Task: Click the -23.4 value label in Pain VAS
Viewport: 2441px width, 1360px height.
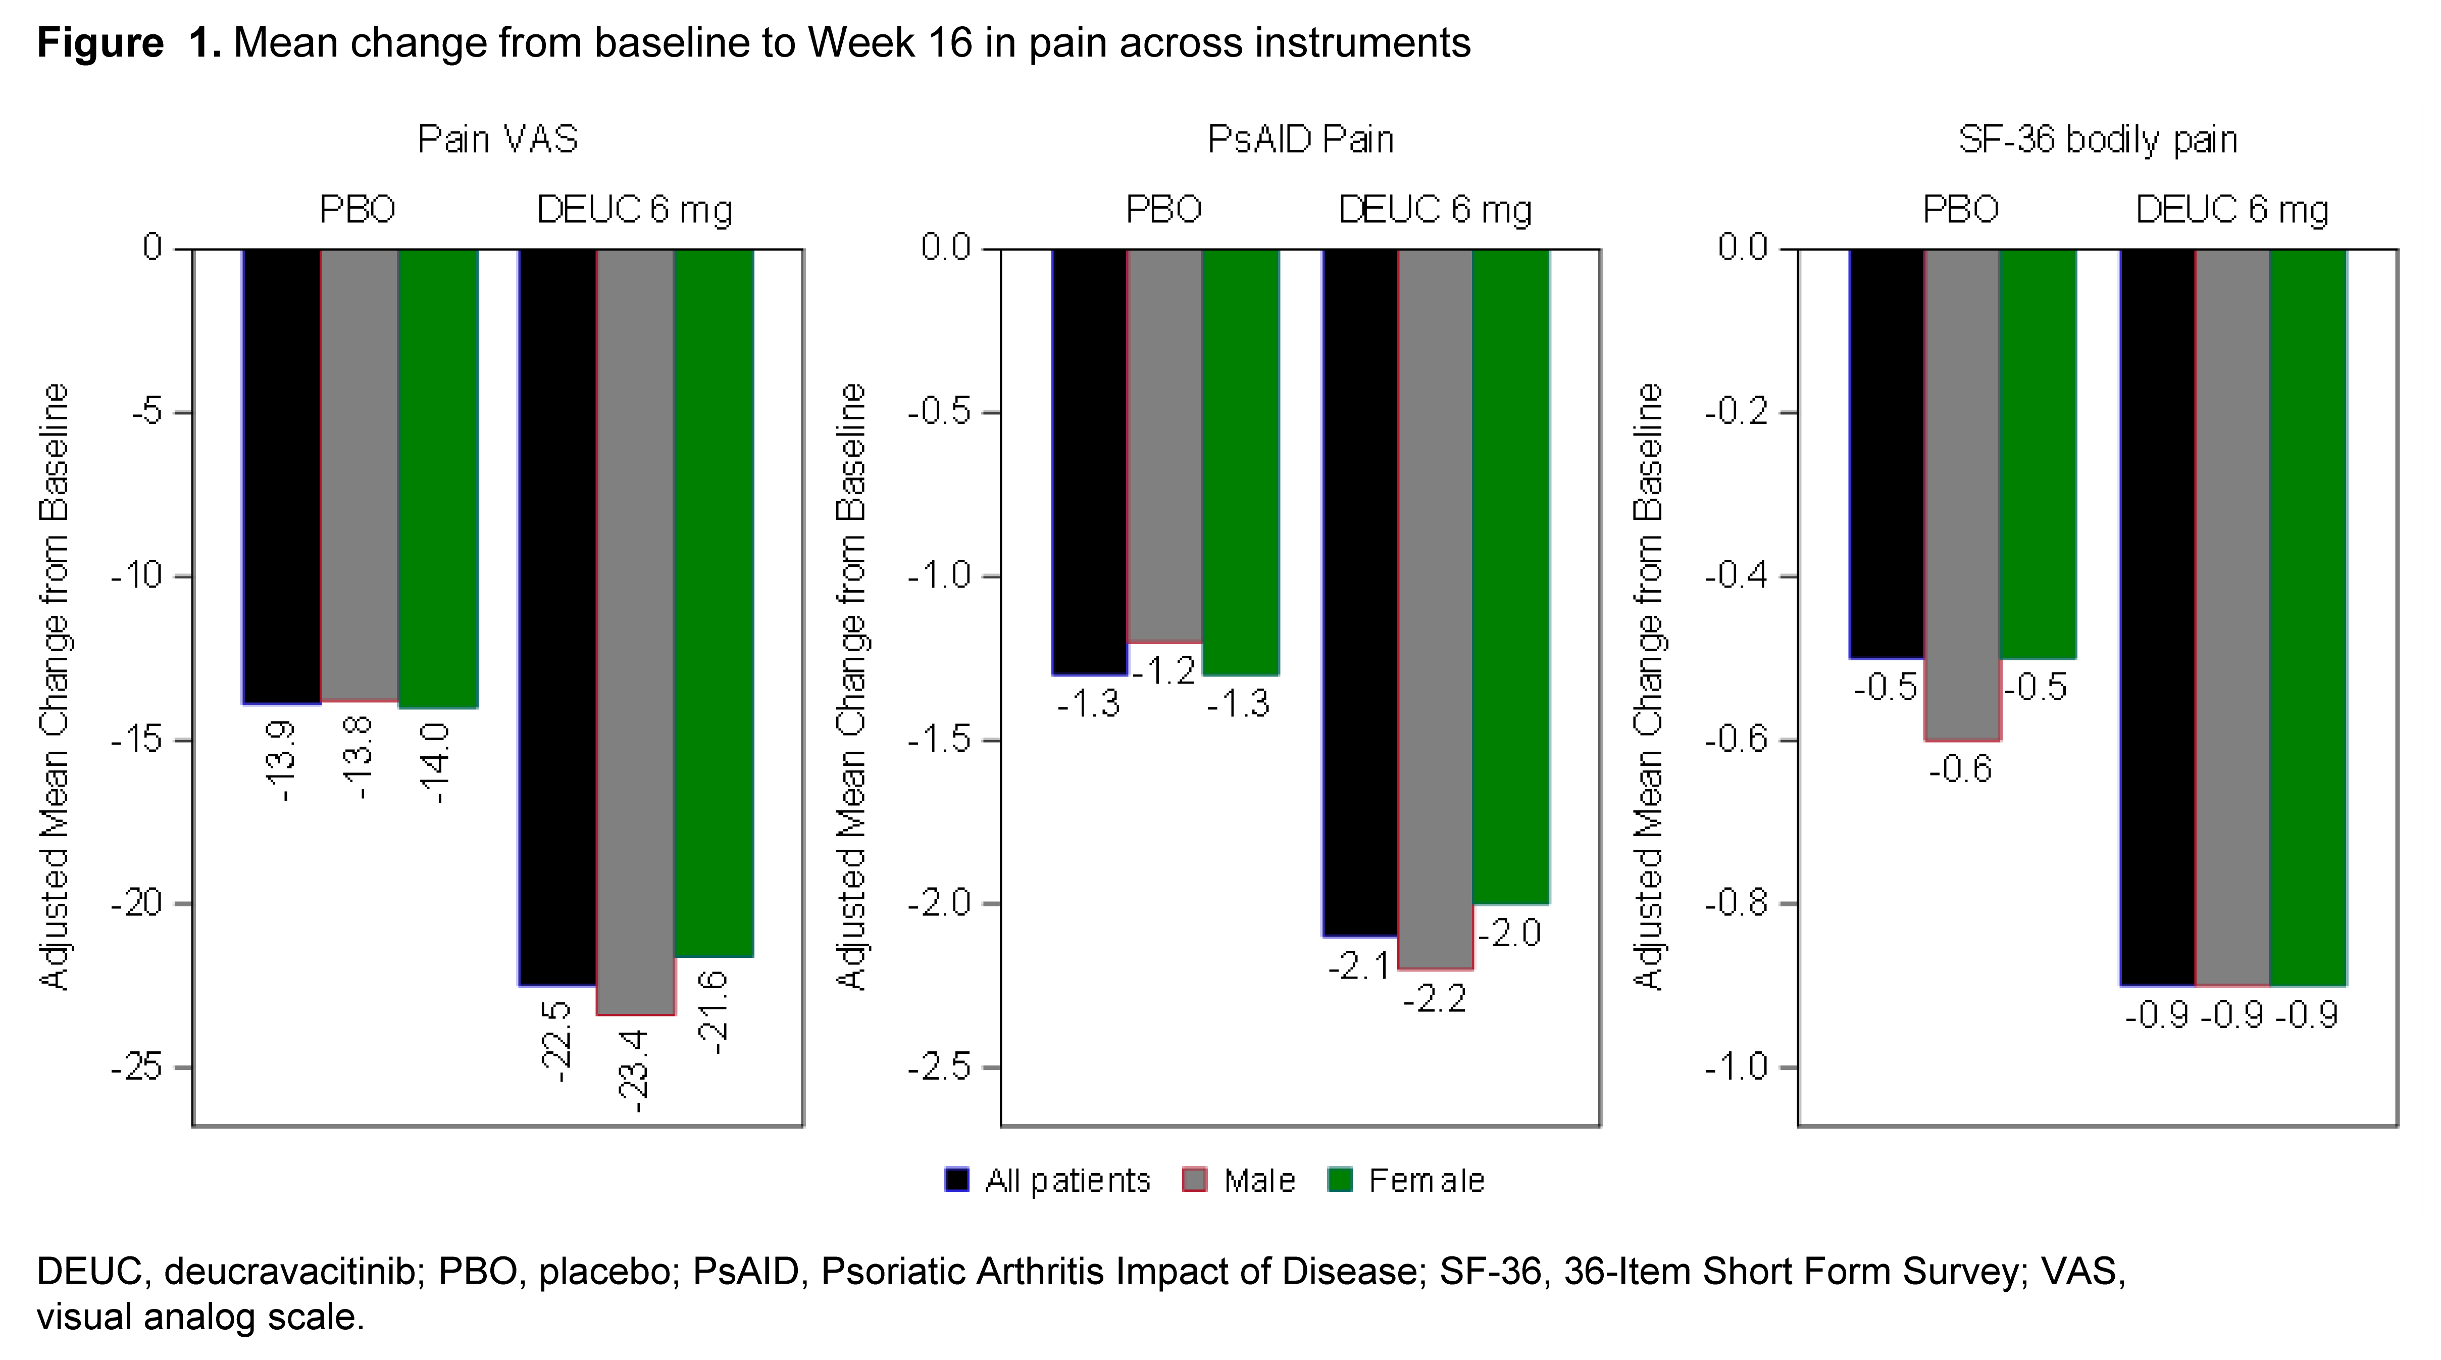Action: [x=633, y=1071]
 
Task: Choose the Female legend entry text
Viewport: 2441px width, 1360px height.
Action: [x=1426, y=1181]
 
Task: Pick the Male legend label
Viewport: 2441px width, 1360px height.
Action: [x=1258, y=1181]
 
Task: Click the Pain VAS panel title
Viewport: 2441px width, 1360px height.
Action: [x=497, y=140]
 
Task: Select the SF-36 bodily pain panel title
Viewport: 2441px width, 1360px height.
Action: [x=2097, y=140]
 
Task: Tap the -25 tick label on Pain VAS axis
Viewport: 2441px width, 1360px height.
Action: [x=138, y=1068]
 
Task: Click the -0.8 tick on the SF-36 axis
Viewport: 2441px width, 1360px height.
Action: [x=1736, y=904]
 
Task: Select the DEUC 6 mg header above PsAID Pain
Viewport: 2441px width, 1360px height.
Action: [x=1435, y=210]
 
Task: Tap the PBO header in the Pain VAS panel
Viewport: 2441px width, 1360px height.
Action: [x=357, y=210]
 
